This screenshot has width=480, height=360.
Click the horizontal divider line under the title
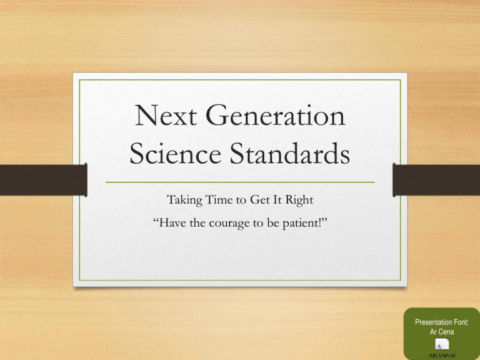[x=239, y=182]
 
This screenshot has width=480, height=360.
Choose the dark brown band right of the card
[x=437, y=179]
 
